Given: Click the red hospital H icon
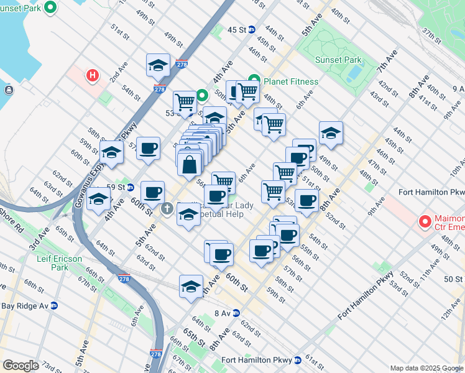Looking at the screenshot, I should click(x=93, y=76).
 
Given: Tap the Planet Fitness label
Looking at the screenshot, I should click(x=290, y=81).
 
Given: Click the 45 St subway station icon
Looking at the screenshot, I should click(x=252, y=30).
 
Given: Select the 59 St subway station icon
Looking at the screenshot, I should click(x=130, y=186).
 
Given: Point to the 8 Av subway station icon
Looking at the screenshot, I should click(x=236, y=313).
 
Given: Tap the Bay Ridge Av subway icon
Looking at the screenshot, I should click(x=54, y=305).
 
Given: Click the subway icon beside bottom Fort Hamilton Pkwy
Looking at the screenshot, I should click(x=297, y=359).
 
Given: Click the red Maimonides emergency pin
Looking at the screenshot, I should click(x=425, y=221).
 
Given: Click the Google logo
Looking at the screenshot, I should click(x=21, y=366).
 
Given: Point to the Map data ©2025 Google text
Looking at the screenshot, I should click(x=426, y=367).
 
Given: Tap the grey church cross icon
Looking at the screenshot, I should click(x=167, y=208).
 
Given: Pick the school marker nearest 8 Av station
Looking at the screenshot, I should click(x=191, y=287).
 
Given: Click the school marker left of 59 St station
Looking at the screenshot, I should click(x=99, y=200).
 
